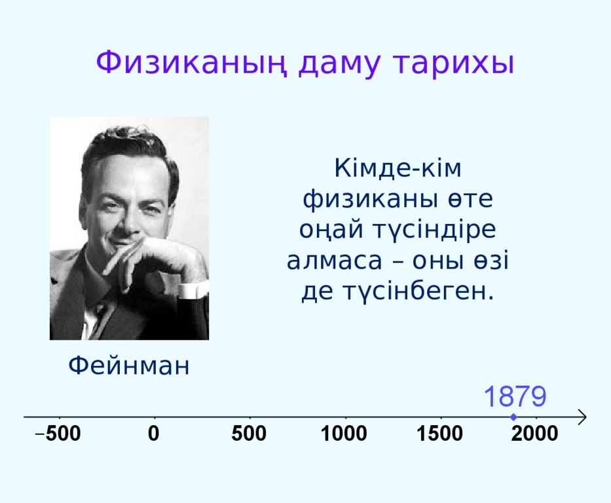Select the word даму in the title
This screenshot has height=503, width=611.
339,65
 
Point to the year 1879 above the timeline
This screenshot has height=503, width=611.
515,396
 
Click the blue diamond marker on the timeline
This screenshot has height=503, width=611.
513,417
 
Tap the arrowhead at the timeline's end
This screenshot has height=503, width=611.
582,417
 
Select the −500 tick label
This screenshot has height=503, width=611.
58,434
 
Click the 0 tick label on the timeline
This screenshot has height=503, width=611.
154,434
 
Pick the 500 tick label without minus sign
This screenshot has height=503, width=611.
249,434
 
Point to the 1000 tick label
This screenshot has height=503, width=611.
344,434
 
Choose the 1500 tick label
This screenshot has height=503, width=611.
440,434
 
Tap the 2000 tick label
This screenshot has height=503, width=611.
534,434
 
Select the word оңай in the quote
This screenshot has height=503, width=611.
331,229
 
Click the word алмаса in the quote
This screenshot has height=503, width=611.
335,261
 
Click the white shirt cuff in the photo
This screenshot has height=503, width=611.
193,291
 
